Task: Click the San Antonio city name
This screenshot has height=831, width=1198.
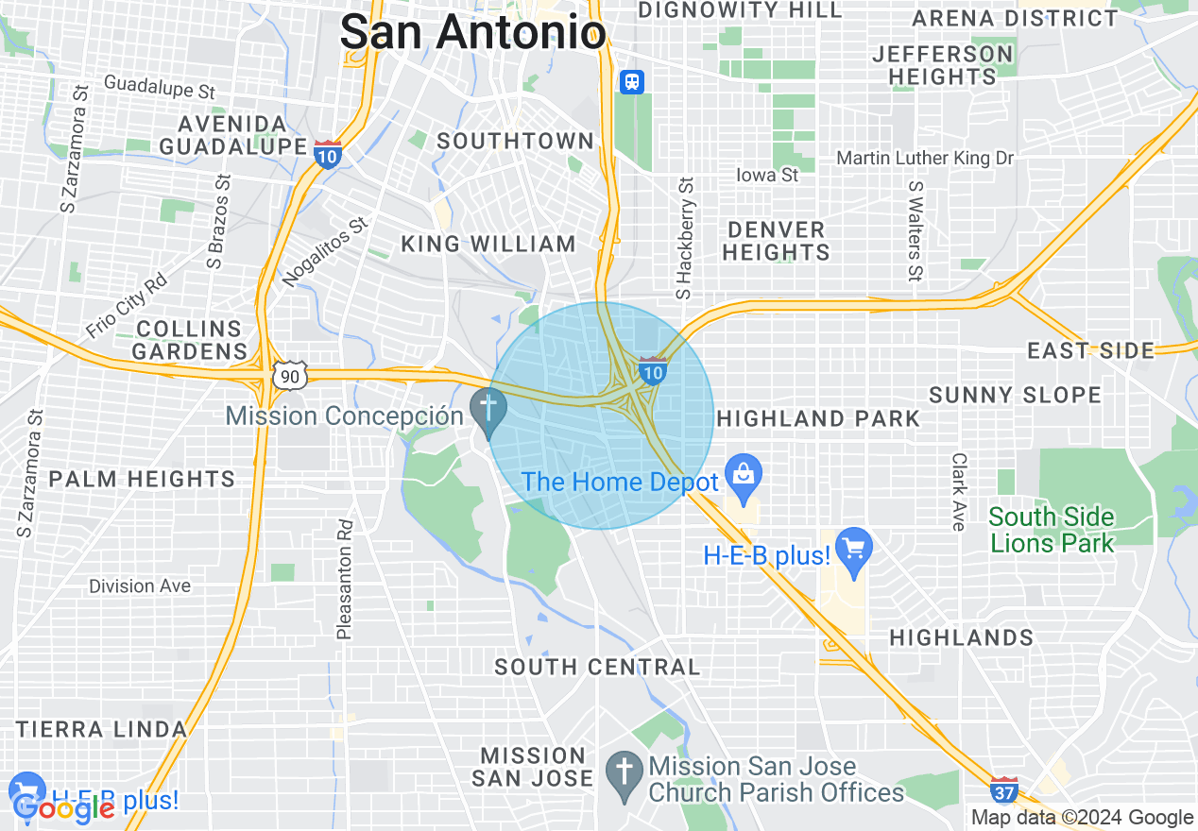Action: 472,33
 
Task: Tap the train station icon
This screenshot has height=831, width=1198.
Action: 631,82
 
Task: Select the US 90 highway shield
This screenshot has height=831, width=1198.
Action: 289,377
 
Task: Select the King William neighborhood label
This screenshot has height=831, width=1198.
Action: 488,244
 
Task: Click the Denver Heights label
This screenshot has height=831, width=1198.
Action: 777,241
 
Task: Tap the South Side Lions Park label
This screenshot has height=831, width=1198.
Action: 1052,530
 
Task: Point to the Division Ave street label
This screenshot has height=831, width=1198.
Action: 140,586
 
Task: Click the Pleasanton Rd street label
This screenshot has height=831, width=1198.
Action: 345,578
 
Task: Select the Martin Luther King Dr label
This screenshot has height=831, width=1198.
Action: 924,158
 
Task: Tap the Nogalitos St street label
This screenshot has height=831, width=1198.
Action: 324,251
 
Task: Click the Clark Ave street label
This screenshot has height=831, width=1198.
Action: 959,491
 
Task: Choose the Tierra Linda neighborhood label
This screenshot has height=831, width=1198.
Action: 101,729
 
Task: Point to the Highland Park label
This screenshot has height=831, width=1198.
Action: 818,418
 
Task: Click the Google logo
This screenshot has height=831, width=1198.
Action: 62,808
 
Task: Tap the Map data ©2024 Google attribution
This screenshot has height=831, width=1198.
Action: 1083,818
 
